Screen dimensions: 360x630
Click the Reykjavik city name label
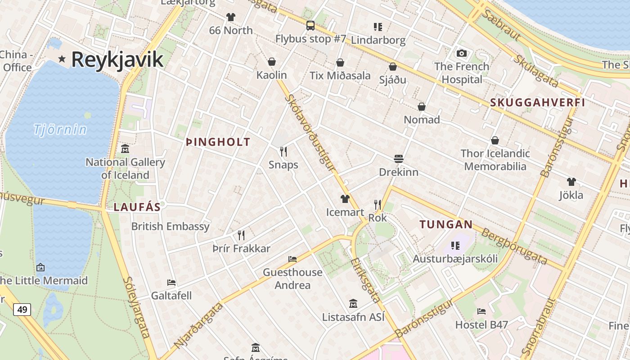[117, 59]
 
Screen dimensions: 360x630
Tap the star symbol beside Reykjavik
[62, 59]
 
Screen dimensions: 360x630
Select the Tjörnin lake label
[60, 130]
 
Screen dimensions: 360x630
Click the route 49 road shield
[22, 310]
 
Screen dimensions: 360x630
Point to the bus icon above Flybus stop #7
[310, 26]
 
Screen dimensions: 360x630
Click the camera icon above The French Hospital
[461, 54]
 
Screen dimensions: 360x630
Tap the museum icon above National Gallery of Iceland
[125, 149]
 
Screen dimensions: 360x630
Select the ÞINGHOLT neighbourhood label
[218, 142]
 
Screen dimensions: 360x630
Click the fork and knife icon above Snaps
[283, 152]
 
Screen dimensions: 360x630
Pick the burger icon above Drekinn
[398, 159]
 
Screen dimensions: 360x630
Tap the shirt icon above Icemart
[345, 198]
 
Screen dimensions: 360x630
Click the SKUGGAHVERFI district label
[537, 103]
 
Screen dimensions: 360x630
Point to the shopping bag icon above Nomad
[421, 107]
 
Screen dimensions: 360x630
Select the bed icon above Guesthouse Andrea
[292, 259]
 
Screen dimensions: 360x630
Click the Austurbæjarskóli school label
[455, 259]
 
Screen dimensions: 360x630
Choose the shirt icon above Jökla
[571, 182]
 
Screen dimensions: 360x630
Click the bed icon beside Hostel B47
[481, 311]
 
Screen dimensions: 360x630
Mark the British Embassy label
[170, 226]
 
